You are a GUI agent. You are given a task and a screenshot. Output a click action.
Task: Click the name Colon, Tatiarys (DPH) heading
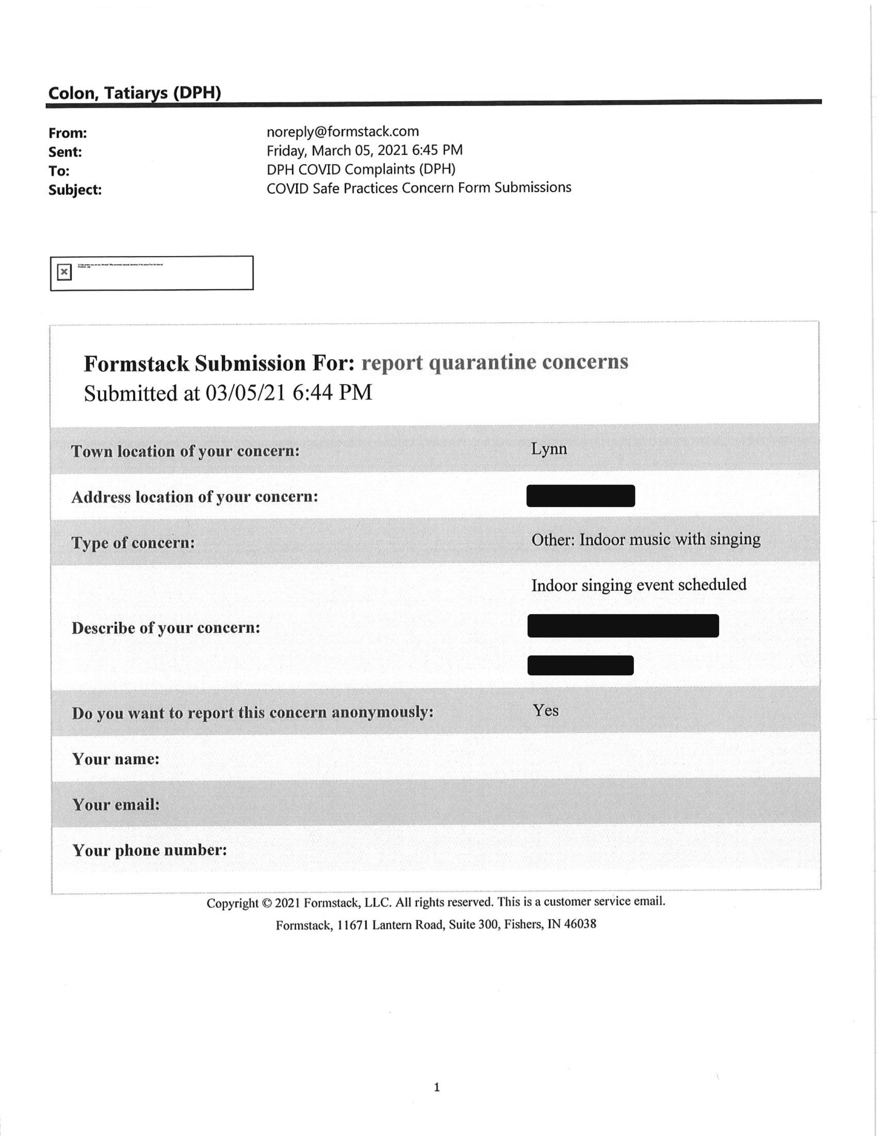[x=135, y=93]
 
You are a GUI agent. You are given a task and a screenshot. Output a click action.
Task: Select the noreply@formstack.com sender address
[x=343, y=132]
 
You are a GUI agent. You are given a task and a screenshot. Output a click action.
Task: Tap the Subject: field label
[x=75, y=190]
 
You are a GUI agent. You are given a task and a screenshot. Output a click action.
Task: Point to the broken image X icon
[x=64, y=272]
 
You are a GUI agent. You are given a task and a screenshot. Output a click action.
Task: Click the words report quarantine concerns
[x=494, y=362]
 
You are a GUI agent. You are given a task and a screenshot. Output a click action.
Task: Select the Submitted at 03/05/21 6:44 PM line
[x=228, y=393]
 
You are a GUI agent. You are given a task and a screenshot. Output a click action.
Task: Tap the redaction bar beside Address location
[x=580, y=496]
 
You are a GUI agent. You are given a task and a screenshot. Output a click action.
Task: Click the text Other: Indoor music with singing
[x=645, y=540]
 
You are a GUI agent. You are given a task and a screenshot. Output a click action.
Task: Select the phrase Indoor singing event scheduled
[x=638, y=585]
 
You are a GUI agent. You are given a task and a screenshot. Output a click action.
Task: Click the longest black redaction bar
[x=623, y=626]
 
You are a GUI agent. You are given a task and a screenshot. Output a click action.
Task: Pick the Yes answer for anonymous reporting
[x=545, y=710]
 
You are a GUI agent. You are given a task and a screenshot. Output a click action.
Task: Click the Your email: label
[x=116, y=805]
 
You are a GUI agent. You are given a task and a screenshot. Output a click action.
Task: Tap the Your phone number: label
[x=150, y=850]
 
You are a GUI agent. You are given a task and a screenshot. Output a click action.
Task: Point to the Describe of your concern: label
[x=166, y=628]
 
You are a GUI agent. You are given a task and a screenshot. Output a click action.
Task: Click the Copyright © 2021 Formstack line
[x=436, y=902]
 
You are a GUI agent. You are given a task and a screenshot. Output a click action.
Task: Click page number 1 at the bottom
[x=437, y=1087]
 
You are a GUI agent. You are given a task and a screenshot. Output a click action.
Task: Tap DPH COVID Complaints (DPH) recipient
[x=361, y=170]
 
